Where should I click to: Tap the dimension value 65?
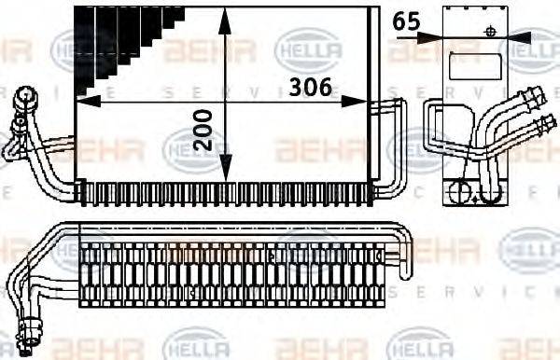tap(405, 21)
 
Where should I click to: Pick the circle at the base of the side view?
tap(460, 192)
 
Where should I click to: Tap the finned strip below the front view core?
tap(224, 192)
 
